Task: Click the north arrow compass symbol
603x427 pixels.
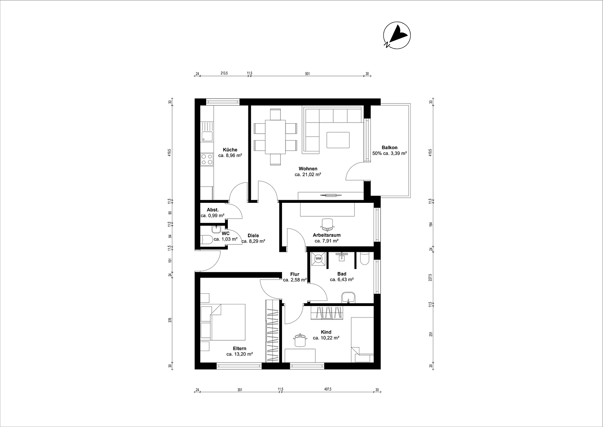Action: click(x=397, y=35)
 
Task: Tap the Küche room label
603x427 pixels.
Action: click(x=230, y=150)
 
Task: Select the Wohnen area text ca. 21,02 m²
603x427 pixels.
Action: click(x=308, y=174)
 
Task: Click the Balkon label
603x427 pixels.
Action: click(x=389, y=147)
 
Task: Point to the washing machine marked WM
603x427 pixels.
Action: click(x=318, y=259)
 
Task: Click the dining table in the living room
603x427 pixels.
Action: click(x=275, y=137)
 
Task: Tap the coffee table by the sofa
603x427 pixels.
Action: click(x=338, y=140)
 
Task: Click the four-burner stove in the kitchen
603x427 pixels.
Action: click(x=206, y=159)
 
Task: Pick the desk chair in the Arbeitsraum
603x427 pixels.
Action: click(x=327, y=224)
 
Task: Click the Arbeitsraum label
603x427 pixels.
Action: click(x=327, y=235)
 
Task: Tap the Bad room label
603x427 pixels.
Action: click(x=342, y=274)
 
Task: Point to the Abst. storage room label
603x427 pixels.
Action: click(x=212, y=210)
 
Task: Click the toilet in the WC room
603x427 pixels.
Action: click(x=206, y=240)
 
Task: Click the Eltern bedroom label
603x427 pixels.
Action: click(x=239, y=348)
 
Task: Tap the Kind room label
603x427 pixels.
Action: click(x=326, y=332)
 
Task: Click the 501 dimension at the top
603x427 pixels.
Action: click(x=308, y=74)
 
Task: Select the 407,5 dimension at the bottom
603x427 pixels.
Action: click(x=328, y=389)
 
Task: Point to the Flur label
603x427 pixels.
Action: click(x=295, y=274)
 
